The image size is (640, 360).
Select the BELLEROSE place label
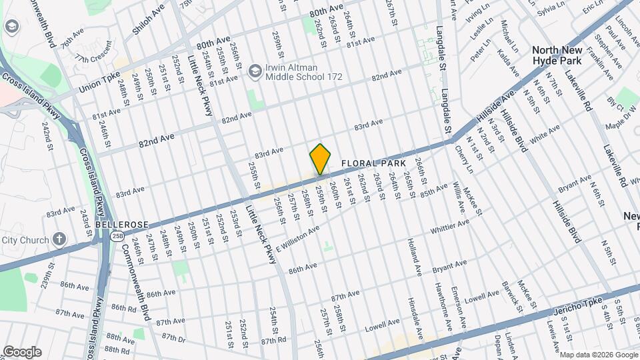117,225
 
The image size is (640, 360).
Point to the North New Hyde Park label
566,55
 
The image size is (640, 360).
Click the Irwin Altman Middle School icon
254,71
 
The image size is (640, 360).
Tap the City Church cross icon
59,240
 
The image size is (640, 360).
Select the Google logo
22,352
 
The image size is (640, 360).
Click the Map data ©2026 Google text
597,354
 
